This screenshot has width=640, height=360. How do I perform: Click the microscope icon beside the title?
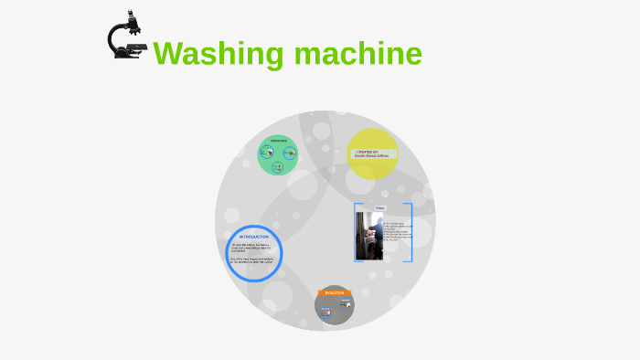pos(124,37)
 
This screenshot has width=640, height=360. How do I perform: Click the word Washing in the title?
pos(219,54)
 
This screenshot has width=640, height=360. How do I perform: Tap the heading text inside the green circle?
pos(279,141)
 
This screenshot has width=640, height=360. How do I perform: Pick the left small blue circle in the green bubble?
pos(268,153)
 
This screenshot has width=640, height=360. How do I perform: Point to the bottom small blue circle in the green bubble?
pos(278,167)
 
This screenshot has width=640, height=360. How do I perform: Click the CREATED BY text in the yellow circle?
pos(369,152)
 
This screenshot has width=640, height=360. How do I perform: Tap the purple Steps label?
pos(380,208)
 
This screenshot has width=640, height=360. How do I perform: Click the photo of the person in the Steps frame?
pos(369,237)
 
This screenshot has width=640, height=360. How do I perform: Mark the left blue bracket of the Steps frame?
pos(356,232)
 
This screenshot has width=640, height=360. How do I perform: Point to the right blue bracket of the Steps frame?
pos(411,232)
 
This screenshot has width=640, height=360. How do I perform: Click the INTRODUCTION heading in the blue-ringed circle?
pos(253,237)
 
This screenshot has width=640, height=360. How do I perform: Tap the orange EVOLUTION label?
pos(334,292)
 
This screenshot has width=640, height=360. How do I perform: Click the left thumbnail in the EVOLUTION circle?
pos(325,312)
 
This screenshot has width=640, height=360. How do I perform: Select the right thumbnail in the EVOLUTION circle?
pos(346,303)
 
